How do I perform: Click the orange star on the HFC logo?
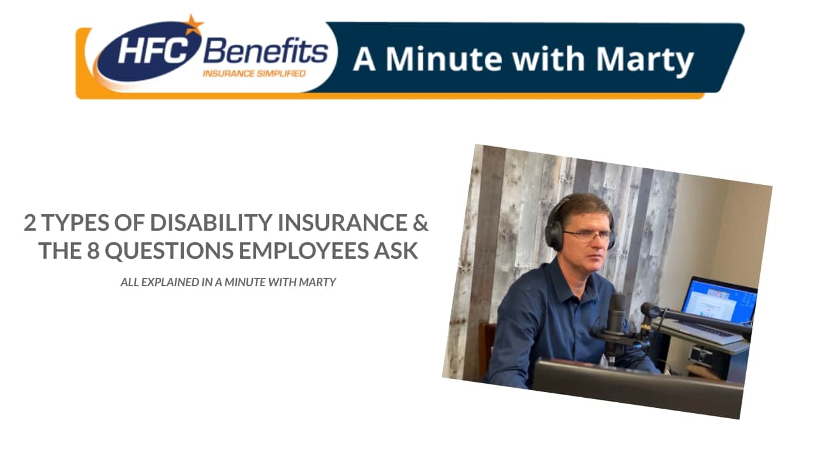click(x=191, y=25)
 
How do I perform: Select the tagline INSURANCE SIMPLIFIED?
click(x=254, y=73)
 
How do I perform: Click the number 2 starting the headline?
click(x=30, y=223)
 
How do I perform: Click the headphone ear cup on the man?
click(x=553, y=235)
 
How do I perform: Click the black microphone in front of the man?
click(x=615, y=319)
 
